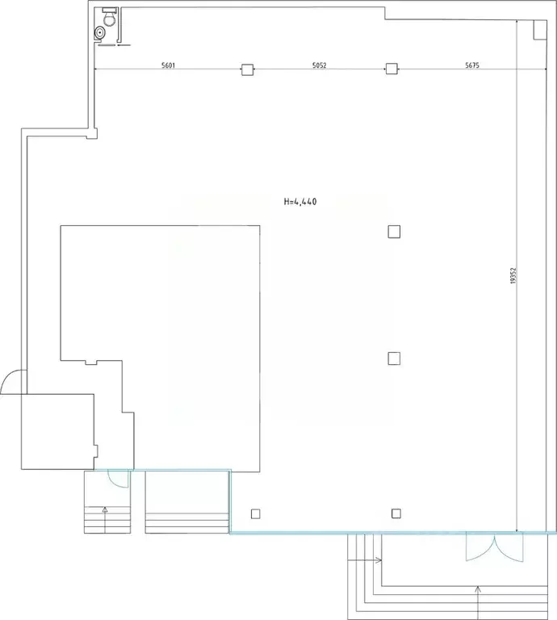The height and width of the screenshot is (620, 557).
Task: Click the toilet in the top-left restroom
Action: pyautogui.click(x=109, y=17)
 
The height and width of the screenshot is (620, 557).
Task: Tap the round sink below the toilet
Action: pyautogui.click(x=99, y=33)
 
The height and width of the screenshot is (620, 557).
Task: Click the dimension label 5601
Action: pyautogui.click(x=168, y=65)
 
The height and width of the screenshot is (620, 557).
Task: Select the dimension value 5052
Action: pyautogui.click(x=320, y=65)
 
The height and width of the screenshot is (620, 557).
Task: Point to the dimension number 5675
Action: pyautogui.click(x=472, y=65)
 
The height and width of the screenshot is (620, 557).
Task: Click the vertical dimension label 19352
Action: pyautogui.click(x=513, y=275)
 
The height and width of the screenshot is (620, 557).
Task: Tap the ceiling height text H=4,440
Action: pyautogui.click(x=300, y=202)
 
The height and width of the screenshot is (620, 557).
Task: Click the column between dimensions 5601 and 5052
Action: pyautogui.click(x=248, y=69)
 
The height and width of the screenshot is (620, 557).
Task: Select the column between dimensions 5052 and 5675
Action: pyautogui.click(x=392, y=69)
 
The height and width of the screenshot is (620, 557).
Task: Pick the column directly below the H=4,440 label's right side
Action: pyautogui.click(x=394, y=232)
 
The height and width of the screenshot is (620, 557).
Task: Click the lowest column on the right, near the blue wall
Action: pyautogui.click(x=396, y=513)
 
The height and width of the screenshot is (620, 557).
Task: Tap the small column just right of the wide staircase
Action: pyautogui.click(x=256, y=514)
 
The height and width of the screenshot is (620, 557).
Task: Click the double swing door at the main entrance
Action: pyautogui.click(x=494, y=547)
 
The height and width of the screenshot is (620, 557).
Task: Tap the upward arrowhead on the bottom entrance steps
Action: pyautogui.click(x=479, y=589)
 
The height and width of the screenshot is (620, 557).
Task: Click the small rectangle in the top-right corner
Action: pyautogui.click(x=540, y=30)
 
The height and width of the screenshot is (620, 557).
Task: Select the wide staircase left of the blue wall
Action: pyautogui.click(x=187, y=502)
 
